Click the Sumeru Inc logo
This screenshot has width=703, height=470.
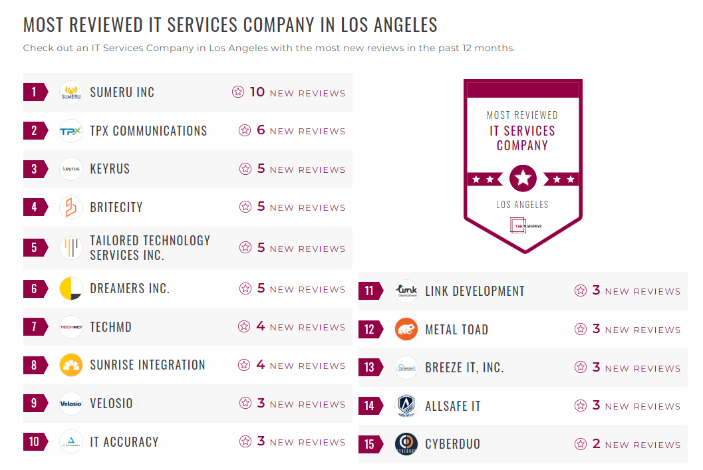pos(71,92)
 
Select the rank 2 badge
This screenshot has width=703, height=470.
pos(35,130)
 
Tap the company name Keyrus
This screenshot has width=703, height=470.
pos(110,169)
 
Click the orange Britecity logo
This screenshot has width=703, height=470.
pos(71,207)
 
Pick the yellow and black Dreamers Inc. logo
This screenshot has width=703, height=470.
pos(71,289)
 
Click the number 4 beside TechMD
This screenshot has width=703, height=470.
pos(261,326)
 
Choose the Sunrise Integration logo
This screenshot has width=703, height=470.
pos(71,365)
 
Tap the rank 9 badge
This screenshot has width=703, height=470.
pos(35,403)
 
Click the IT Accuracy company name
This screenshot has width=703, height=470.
pos(124,442)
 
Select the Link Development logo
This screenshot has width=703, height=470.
pos(406,291)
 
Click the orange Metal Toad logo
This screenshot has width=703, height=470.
pos(406,329)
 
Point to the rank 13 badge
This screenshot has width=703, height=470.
pos(370,368)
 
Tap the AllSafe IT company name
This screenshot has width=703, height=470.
pos(453,406)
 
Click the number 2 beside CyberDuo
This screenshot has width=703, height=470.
pos(597,444)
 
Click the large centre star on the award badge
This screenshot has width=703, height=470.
pos(523,178)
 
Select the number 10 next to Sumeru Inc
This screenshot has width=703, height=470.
pos(257,92)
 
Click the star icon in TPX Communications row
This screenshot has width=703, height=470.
pos(245,130)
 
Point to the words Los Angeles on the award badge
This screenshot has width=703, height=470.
pos(522,205)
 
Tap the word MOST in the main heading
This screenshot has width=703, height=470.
pos(43,25)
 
